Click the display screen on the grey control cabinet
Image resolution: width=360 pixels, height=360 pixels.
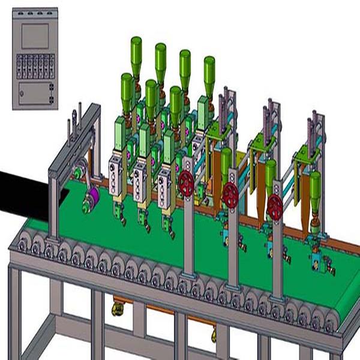(34, 36)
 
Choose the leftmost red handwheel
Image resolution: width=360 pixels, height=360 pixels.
(187, 183)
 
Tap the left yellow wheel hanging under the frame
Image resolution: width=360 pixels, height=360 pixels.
(118, 309)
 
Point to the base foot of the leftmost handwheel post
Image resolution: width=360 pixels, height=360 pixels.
(188, 275)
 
